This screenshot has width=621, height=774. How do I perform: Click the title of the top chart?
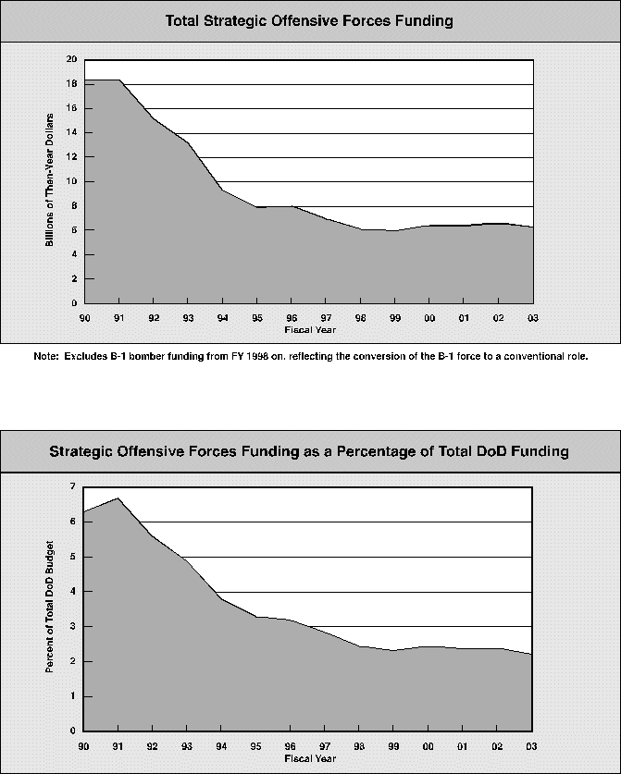tap(309, 20)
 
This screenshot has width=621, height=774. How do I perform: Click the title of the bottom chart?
tap(309, 451)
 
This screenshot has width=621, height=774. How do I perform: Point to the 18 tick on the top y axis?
tap(71, 84)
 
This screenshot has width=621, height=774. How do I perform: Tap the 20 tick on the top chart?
tap(71, 59)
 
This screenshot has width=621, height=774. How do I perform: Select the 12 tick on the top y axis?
tap(71, 157)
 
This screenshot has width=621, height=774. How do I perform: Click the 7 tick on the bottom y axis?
tap(73, 486)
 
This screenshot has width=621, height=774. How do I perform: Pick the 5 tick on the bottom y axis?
tap(73, 557)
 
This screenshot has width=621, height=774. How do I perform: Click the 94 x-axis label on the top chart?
tap(222, 316)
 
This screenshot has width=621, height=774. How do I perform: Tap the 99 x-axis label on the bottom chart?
tap(394, 745)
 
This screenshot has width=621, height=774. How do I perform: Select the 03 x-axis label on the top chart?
tap(532, 316)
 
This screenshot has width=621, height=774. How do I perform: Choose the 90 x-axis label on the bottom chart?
tap(83, 745)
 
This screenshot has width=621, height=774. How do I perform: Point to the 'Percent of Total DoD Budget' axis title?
tap(51, 608)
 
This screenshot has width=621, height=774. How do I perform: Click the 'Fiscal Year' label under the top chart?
tap(309, 328)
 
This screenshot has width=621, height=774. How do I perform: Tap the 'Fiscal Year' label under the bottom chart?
tap(309, 757)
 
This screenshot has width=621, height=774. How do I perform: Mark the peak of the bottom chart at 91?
tap(118, 498)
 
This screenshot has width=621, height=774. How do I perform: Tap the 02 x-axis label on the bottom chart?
tap(498, 745)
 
